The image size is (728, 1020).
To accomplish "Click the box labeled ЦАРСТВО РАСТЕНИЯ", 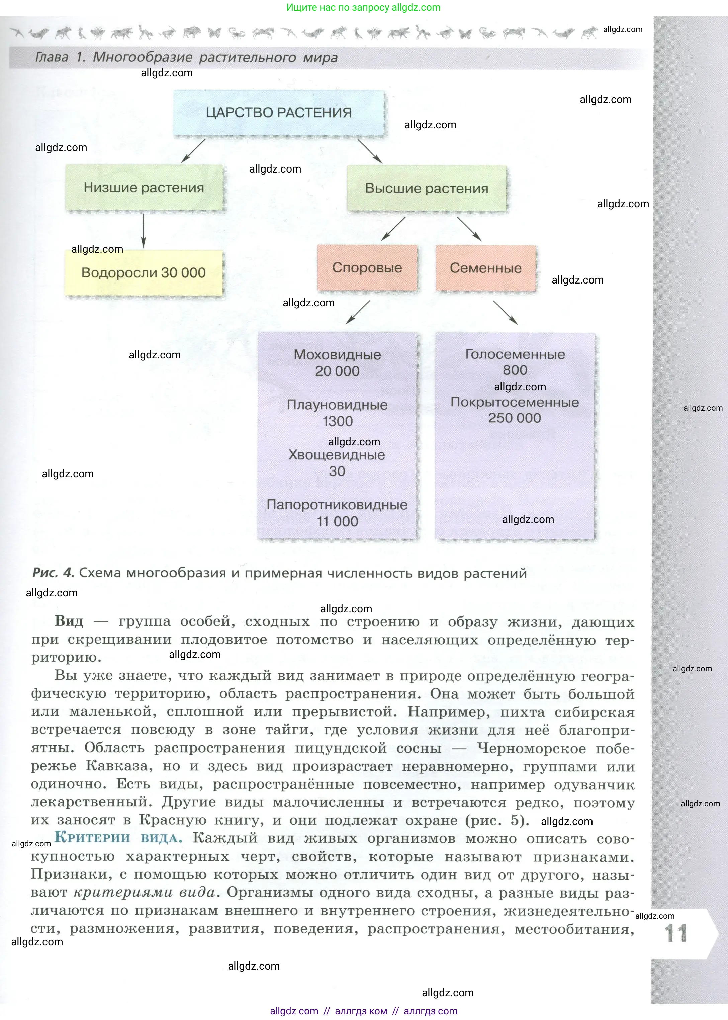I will (x=278, y=113).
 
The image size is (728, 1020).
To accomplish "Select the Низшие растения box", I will (x=144, y=188).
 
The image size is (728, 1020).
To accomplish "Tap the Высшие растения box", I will (x=426, y=188).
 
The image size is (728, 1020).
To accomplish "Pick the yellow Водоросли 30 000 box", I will (x=144, y=273).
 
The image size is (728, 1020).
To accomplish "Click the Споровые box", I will (x=367, y=268).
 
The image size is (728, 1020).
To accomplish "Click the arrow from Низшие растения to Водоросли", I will (x=144, y=230).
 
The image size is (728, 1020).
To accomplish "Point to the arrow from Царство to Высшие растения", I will (x=370, y=151).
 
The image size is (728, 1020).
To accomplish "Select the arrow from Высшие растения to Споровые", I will (x=393, y=229).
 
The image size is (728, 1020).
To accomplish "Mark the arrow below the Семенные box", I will (x=505, y=312).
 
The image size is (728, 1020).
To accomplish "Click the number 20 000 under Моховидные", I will (x=337, y=371).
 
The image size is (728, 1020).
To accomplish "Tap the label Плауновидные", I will (x=337, y=405).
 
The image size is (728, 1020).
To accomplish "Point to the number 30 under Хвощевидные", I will (x=337, y=471).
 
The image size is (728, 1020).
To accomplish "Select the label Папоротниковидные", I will (x=337, y=505).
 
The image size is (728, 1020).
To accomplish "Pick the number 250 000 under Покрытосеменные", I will (x=515, y=418).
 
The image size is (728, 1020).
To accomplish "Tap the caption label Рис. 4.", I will (x=53, y=573).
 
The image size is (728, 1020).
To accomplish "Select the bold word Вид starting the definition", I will (x=69, y=621).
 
